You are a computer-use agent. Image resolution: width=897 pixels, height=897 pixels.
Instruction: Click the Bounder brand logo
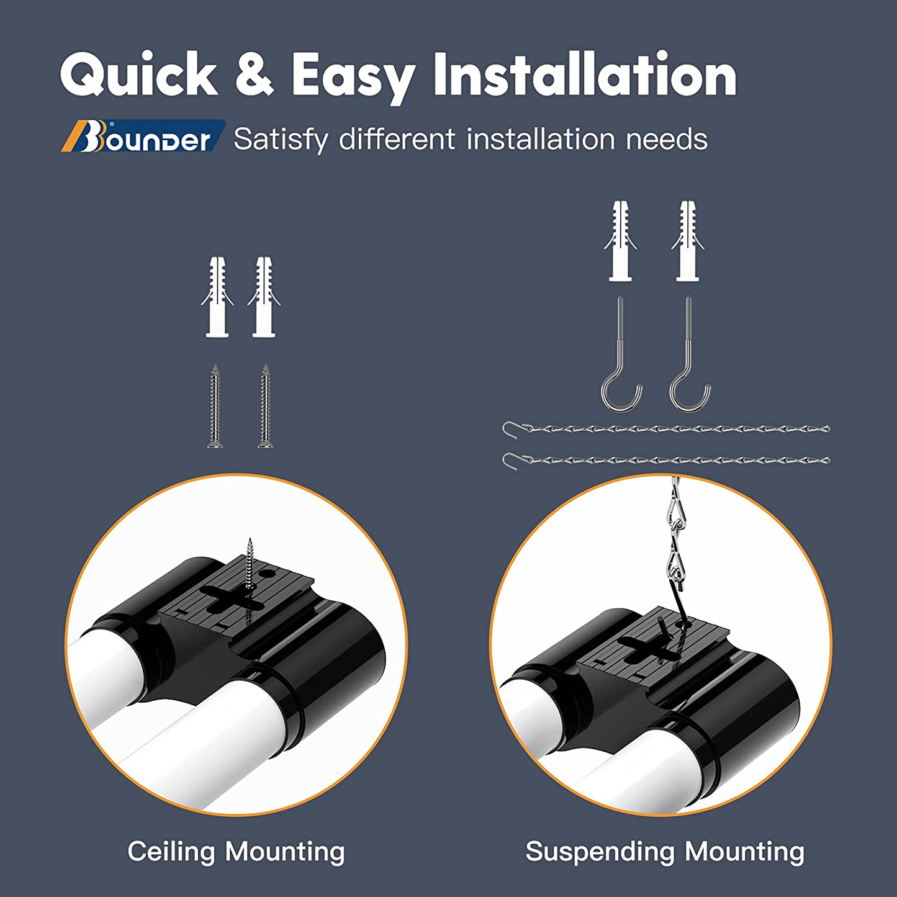(x=143, y=136)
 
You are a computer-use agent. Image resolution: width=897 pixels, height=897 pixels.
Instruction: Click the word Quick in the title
(x=138, y=74)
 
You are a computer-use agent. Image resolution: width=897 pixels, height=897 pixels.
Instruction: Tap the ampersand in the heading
(x=254, y=74)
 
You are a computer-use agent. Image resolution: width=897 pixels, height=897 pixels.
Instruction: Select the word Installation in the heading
(x=585, y=74)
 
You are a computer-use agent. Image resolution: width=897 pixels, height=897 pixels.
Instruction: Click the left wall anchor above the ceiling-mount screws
(x=217, y=297)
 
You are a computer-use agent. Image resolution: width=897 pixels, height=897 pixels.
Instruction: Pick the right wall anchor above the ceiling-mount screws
(x=264, y=297)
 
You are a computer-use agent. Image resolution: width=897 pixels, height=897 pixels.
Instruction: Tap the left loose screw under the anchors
(x=215, y=406)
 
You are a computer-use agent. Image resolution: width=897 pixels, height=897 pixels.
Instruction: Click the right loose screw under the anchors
(x=265, y=406)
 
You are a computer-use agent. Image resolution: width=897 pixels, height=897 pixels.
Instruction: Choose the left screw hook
(x=621, y=353)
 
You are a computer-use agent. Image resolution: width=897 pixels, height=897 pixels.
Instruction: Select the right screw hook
(x=690, y=353)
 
